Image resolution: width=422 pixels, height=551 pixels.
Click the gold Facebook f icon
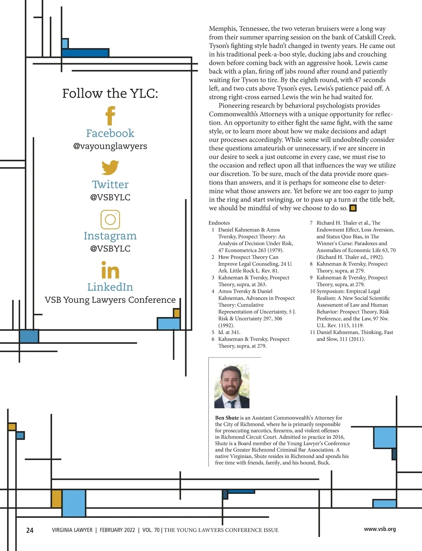point(110,116)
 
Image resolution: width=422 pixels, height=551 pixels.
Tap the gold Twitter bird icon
point(110,167)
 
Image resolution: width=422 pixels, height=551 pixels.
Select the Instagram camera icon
point(110,219)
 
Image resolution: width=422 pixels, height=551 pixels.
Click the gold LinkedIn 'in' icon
point(110,271)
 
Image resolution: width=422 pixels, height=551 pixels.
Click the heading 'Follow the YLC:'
point(110,93)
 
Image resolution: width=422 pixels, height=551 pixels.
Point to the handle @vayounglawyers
point(110,146)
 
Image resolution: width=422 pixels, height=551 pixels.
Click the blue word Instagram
point(110,236)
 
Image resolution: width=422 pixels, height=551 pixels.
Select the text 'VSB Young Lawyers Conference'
point(110,300)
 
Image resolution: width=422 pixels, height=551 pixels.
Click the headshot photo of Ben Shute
point(232,386)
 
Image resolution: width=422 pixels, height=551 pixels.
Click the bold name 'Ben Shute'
point(227,418)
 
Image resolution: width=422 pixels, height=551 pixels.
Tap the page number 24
point(30,530)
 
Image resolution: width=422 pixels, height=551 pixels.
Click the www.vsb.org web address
point(380,529)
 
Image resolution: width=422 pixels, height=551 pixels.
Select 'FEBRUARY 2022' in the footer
point(117,530)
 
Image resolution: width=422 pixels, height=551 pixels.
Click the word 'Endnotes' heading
point(219,223)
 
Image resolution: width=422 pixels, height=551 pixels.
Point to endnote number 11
point(312,332)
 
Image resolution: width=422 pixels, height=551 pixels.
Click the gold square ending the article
point(353,208)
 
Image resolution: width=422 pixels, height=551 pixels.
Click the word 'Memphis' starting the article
point(223,29)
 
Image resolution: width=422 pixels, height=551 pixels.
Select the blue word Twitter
point(110,184)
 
